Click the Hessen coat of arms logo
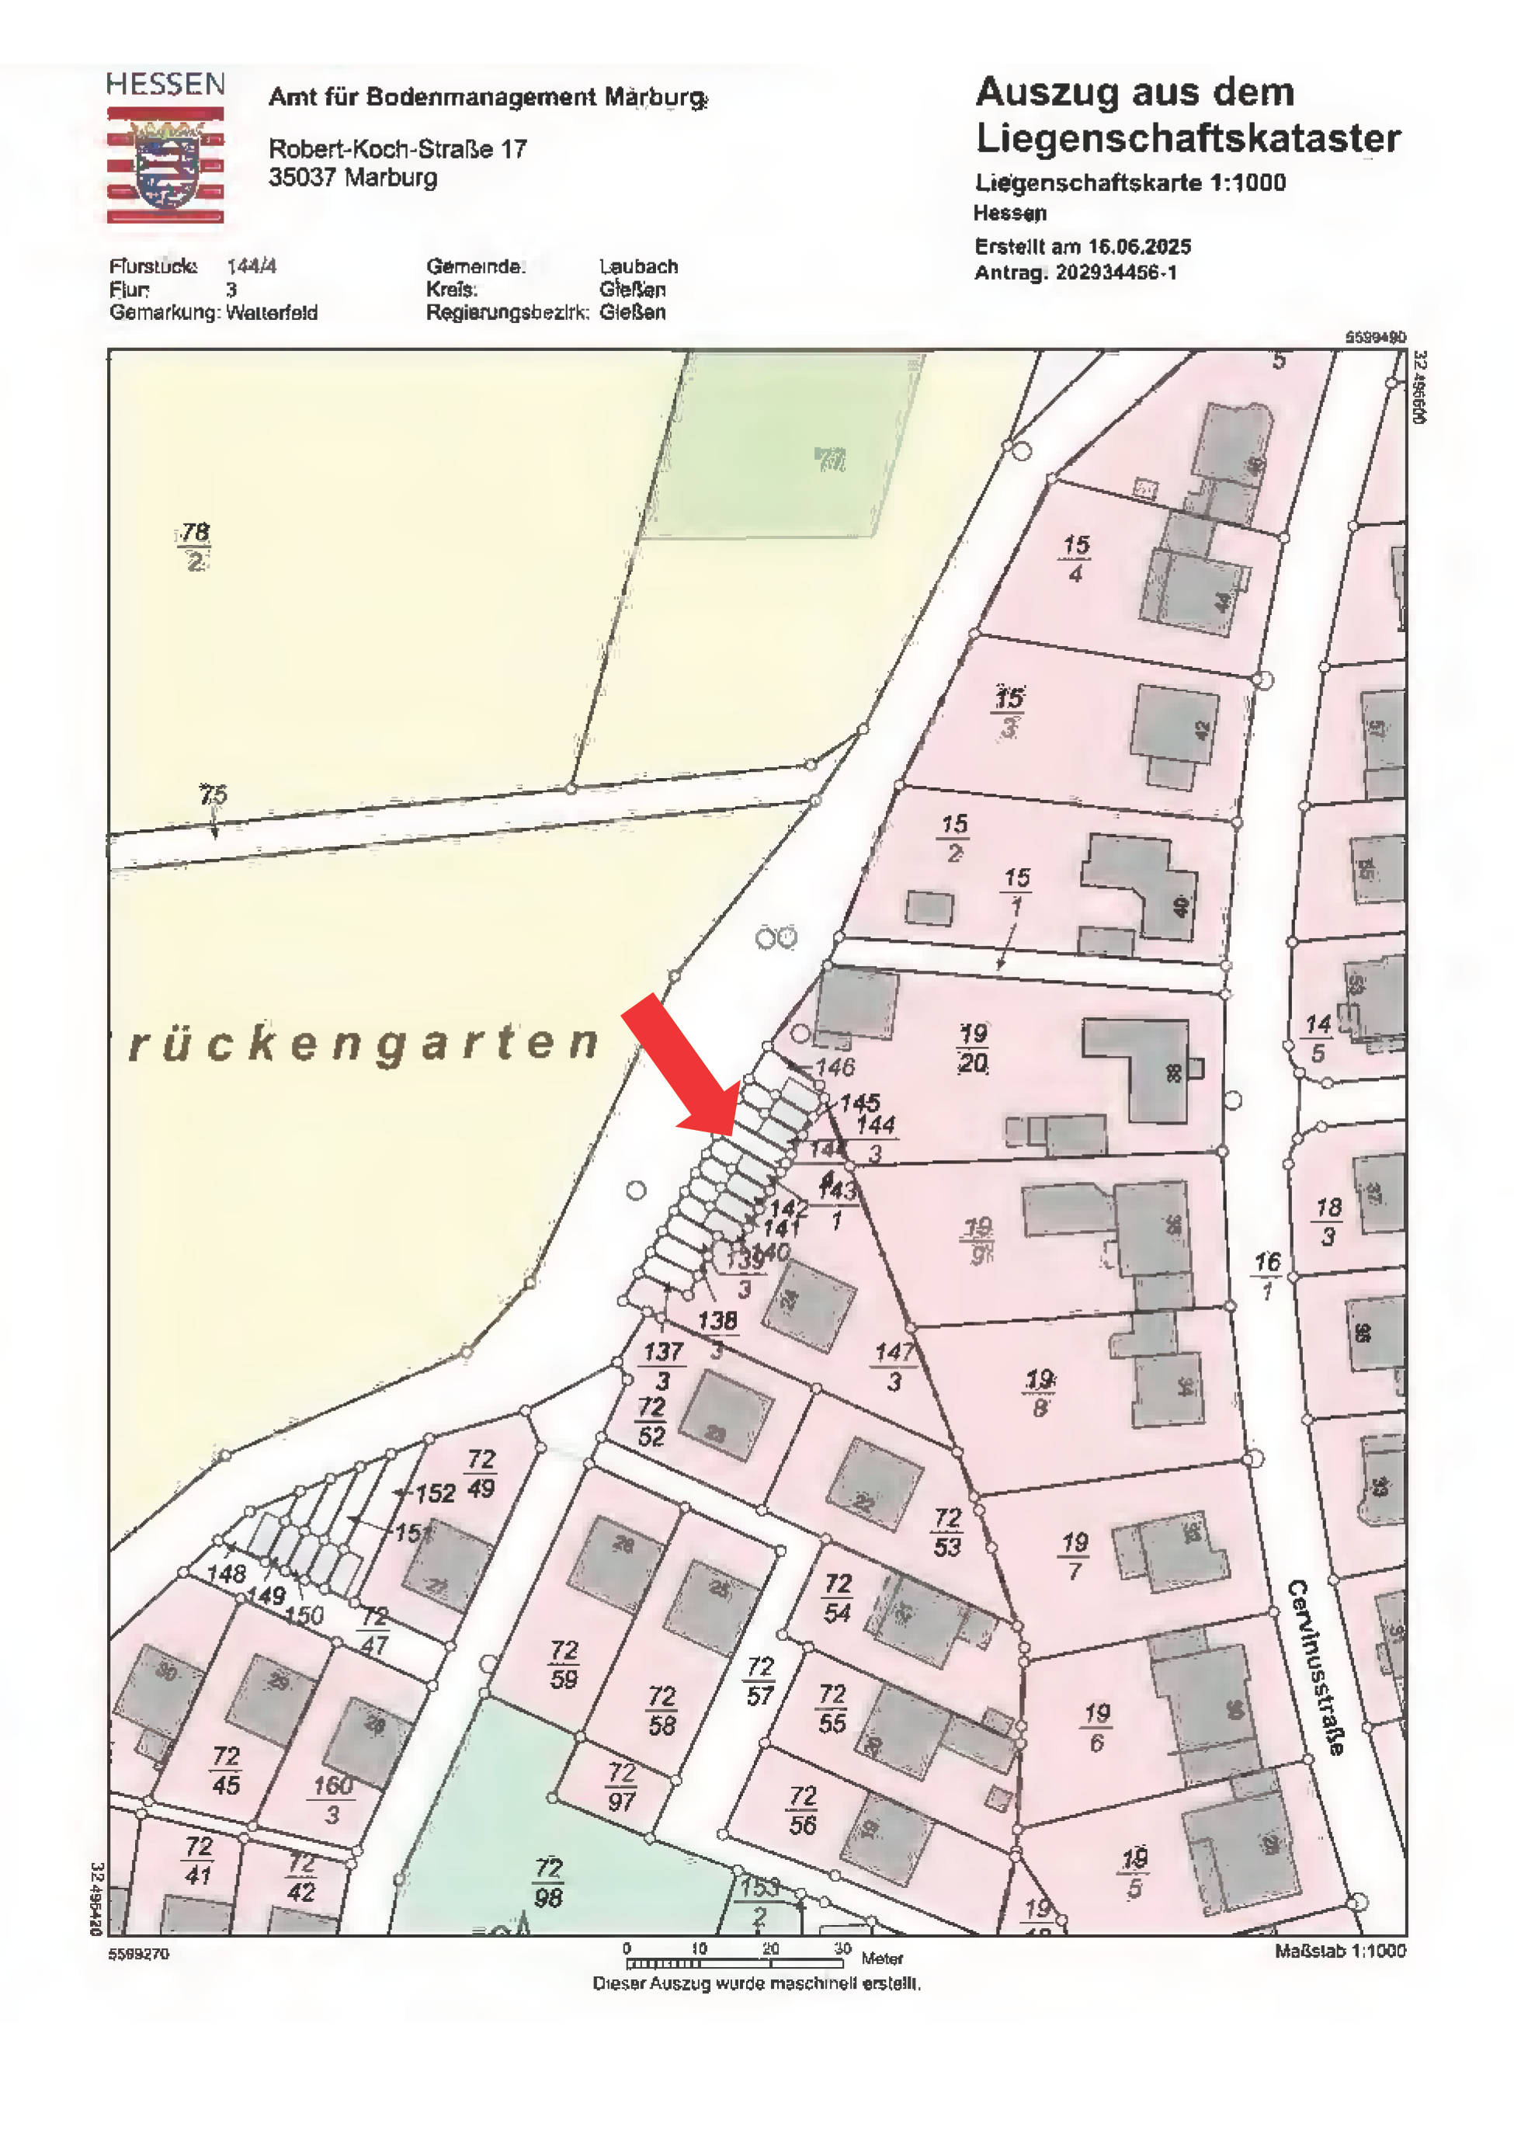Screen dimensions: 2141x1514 [x=166, y=164]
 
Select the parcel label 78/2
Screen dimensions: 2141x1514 [x=194, y=547]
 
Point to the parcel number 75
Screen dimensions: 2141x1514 [x=213, y=794]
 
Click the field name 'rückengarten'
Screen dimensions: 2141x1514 [x=363, y=1044]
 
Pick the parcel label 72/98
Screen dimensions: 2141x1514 [x=549, y=1882]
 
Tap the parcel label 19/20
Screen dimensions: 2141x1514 [x=972, y=1048]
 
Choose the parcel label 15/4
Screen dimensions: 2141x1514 [x=1076, y=558]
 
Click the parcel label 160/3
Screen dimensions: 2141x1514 [x=333, y=1799]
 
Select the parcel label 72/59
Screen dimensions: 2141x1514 [x=564, y=1664]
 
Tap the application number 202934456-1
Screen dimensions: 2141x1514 [x=1115, y=273]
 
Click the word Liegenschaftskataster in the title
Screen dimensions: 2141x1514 [x=1187, y=139]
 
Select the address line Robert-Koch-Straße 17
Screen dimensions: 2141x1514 [x=398, y=149]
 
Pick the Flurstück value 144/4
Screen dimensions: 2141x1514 [x=251, y=266]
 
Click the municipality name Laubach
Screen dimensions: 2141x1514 [x=639, y=266]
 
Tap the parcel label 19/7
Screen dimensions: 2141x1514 [x=1075, y=1557]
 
